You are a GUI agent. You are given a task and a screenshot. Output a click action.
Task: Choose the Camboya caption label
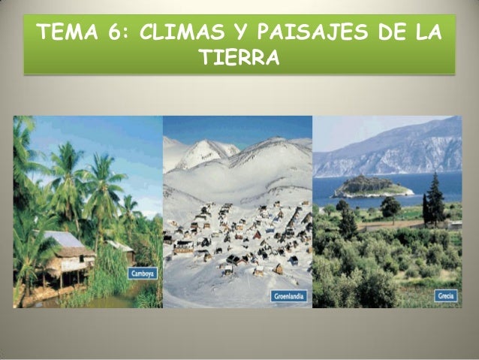point(143,274)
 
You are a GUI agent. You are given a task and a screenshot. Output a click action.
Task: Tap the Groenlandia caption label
point(289,296)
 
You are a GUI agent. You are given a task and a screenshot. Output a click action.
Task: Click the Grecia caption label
point(444,296)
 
